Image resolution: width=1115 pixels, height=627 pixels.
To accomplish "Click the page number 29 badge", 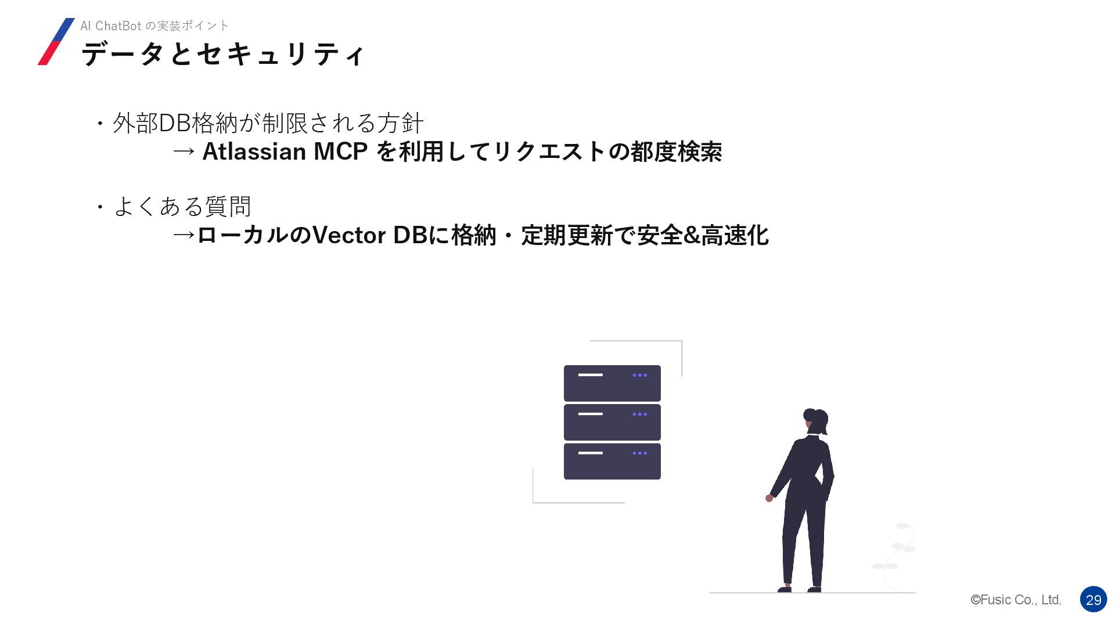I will tap(1093, 600).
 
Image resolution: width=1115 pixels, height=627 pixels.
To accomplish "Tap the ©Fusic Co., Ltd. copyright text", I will tap(1016, 600).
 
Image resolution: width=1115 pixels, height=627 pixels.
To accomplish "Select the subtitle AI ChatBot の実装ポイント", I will tap(154, 26).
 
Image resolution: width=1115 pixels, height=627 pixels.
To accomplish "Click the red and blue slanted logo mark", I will tap(56, 41).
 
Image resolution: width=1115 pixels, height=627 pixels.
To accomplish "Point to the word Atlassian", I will tap(254, 152).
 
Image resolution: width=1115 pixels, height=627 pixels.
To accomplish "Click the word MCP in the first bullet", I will tap(340, 152).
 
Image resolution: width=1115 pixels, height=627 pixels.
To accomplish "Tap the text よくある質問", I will tap(182, 206).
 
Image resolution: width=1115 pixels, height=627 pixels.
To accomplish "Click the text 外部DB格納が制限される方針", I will tap(268, 123).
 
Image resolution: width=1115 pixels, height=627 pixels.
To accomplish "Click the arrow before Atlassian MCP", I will tap(184, 152).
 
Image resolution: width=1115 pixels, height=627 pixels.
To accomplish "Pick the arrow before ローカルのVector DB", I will tap(184, 236).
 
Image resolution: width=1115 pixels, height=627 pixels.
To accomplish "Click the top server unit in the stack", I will tap(612, 383).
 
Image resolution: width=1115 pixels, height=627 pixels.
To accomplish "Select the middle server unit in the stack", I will tap(612, 422).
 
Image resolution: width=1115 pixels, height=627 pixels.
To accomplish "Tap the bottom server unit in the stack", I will tap(612, 462).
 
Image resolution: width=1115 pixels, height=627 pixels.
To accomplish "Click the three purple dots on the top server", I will tap(639, 375).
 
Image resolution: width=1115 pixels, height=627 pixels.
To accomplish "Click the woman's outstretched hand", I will tap(769, 498).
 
